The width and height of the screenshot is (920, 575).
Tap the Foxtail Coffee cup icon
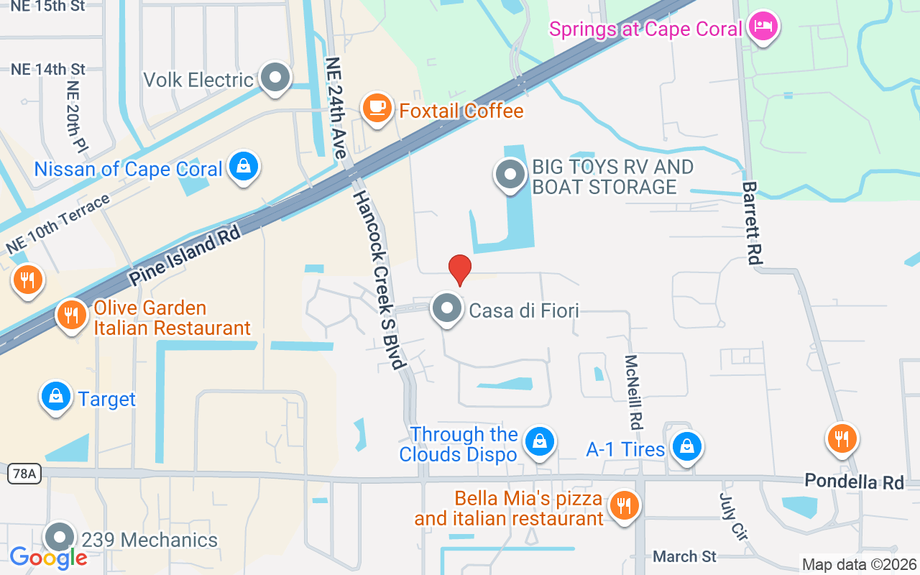pos(376,108)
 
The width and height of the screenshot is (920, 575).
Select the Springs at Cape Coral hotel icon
pos(761,27)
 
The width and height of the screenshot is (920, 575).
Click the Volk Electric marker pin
pos(274,77)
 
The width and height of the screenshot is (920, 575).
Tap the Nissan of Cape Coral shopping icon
pos(244,167)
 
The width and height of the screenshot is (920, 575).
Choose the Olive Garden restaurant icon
pos(71,315)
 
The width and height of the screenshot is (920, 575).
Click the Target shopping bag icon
pos(55,396)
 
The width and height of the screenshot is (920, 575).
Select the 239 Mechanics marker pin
pos(60,537)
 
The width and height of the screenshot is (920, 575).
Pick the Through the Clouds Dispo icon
pos(538,442)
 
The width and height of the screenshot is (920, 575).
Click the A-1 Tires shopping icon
pos(687,447)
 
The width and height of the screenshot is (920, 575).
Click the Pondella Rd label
pos(854,481)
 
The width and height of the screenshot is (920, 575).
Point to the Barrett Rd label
pos(752,223)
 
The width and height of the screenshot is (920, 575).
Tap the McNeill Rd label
pos(632,390)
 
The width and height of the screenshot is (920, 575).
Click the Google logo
pos(48,557)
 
